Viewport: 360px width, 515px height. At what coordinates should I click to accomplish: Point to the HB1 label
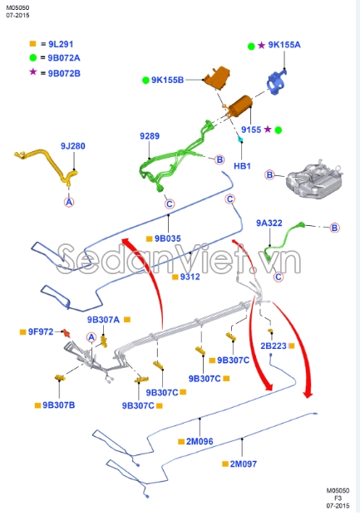[242, 166]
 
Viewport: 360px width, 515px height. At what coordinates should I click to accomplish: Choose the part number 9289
[150, 135]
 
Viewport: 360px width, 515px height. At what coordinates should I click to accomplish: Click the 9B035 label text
[167, 238]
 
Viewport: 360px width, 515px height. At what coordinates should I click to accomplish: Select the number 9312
[190, 277]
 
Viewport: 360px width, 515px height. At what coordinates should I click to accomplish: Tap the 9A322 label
[269, 223]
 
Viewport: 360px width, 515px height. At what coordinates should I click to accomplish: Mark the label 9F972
[41, 331]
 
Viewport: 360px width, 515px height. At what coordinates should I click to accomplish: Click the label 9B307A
[104, 319]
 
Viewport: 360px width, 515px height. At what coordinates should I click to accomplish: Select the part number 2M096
[200, 442]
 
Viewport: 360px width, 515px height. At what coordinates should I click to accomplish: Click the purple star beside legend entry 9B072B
[33, 72]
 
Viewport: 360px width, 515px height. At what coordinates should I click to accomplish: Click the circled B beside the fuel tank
[269, 174]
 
